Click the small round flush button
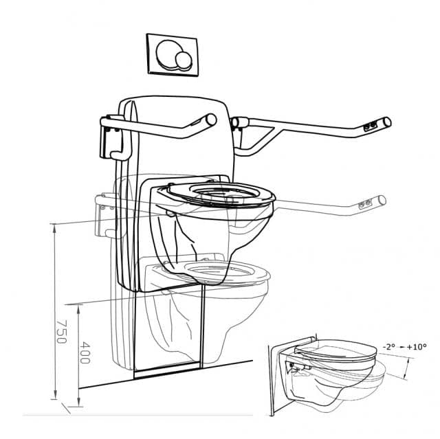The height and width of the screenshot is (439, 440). coord(184,63)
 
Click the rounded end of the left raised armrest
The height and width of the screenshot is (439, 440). coord(207,120)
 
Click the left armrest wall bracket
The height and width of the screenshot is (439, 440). coord(111,141)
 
